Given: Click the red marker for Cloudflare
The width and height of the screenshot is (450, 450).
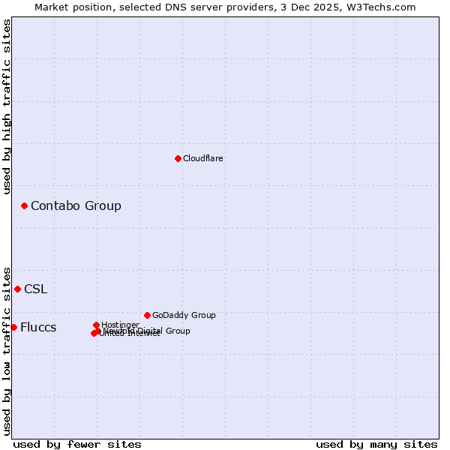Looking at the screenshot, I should [x=178, y=158].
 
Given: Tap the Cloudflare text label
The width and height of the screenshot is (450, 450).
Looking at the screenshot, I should [x=202, y=158].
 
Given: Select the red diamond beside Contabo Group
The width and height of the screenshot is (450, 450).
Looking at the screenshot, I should [x=24, y=205].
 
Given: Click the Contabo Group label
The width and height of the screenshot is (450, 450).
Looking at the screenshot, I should [x=76, y=205].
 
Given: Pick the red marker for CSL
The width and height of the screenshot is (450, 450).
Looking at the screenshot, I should [x=17, y=289].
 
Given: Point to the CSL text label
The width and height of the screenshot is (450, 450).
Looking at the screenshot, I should [x=35, y=289].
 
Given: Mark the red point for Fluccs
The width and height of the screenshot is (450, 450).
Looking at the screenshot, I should [x=13, y=327].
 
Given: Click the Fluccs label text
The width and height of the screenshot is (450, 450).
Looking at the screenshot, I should [x=38, y=328].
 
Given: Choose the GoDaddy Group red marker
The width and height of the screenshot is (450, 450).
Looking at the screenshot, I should [x=147, y=315].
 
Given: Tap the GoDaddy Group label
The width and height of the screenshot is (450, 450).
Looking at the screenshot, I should [x=184, y=315].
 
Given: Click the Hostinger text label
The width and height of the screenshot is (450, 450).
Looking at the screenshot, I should [x=120, y=325].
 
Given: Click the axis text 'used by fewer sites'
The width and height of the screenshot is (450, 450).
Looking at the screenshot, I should [x=77, y=444].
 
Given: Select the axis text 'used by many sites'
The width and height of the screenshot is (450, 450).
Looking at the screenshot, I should [x=376, y=444].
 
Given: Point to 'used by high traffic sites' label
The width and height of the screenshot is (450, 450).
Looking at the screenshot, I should [x=7, y=106].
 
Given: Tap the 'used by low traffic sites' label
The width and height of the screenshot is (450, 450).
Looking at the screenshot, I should [x=7, y=350].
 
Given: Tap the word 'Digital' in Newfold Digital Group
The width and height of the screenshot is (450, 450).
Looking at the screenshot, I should [x=151, y=331].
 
